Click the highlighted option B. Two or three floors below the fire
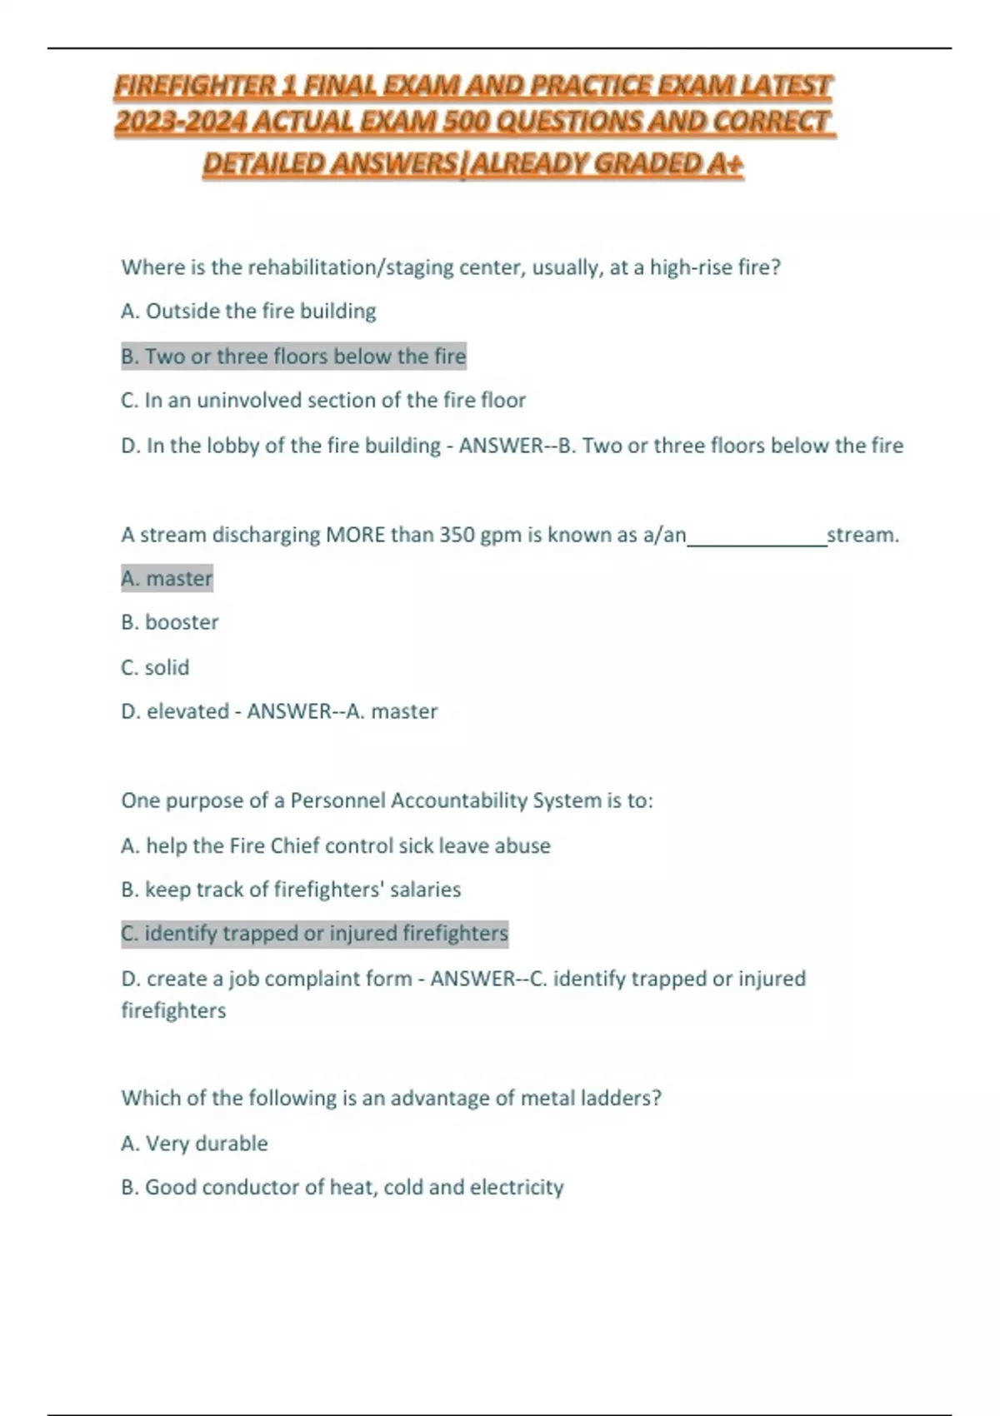click(293, 356)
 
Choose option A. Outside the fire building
click(248, 312)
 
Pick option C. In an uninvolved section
click(323, 401)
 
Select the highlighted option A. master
click(167, 579)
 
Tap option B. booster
click(170, 623)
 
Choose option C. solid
click(155, 667)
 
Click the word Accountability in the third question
click(459, 801)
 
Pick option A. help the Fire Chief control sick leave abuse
click(335, 846)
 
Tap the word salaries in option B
click(425, 890)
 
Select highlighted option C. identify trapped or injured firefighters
click(314, 935)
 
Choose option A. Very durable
click(194, 1144)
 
